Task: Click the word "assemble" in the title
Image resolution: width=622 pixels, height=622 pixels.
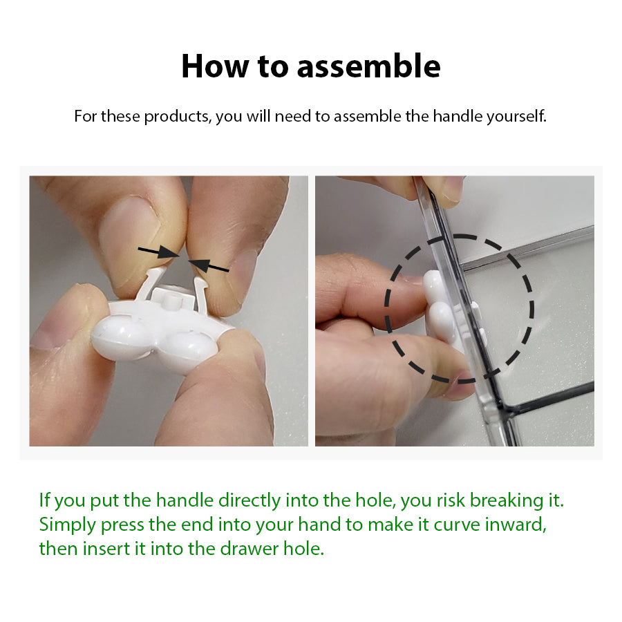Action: point(368,66)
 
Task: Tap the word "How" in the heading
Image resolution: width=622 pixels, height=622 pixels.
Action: point(215,66)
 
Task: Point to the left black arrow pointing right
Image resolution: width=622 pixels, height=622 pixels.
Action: point(158,252)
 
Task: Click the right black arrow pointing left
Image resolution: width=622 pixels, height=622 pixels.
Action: point(208,265)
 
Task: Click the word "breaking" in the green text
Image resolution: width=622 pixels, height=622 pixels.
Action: point(507,500)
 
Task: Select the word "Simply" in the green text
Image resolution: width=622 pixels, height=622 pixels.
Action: point(68,525)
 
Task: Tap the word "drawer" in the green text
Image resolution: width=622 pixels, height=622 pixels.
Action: point(249,549)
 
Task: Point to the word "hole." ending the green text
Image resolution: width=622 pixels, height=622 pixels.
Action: point(303,549)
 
